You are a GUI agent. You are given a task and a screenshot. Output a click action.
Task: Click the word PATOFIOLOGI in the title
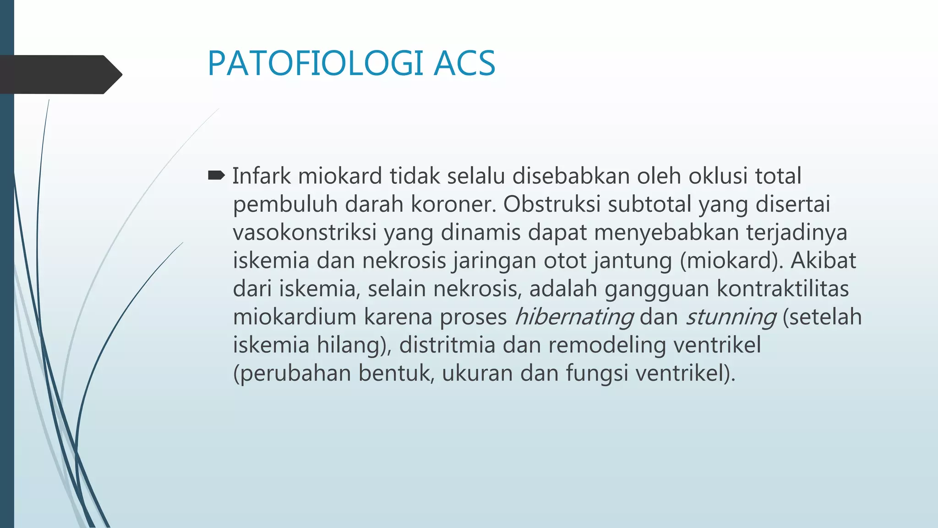point(315,63)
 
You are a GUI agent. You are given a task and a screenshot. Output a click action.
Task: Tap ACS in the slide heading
point(464,63)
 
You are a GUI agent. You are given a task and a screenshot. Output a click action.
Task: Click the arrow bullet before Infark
point(216,175)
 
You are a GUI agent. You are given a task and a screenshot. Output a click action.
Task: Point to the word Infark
point(261,176)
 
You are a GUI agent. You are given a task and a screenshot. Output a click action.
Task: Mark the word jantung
point(633,261)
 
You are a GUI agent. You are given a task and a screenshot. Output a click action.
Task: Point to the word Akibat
point(823,261)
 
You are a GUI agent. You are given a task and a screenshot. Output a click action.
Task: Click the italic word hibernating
point(574,317)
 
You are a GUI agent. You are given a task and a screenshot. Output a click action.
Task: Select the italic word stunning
point(731,317)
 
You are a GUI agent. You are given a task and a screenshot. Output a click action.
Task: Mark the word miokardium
point(294,317)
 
